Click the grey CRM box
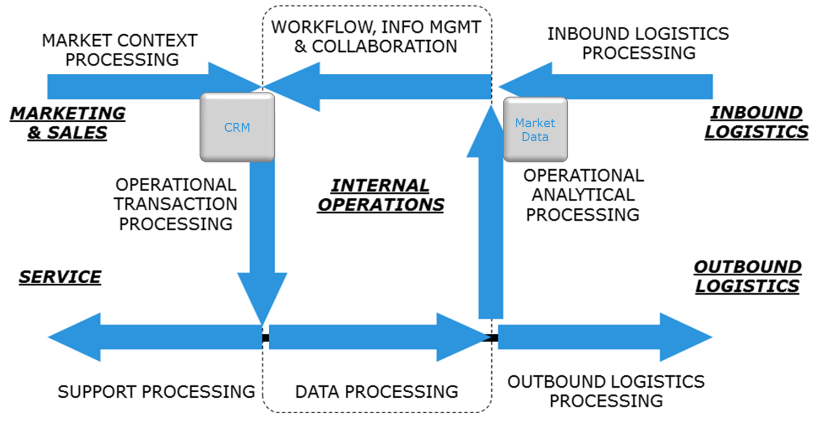pyautogui.click(x=237, y=127)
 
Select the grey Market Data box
pyautogui.click(x=535, y=129)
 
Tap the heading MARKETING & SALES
pyautogui.click(x=68, y=123)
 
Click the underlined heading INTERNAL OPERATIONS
pyautogui.click(x=381, y=195)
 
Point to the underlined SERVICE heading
pyautogui.click(x=60, y=277)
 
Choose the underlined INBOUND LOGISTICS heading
pyautogui.click(x=756, y=122)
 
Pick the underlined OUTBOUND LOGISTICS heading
pyautogui.click(x=747, y=277)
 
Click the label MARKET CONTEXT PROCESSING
pyautogui.click(x=120, y=50)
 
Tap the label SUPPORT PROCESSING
pyautogui.click(x=156, y=392)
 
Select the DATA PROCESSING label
pyautogui.click(x=377, y=392)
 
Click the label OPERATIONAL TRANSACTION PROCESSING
pyautogui.click(x=176, y=204)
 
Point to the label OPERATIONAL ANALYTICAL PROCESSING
pyautogui.click(x=583, y=195)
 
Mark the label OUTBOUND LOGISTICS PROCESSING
pyautogui.click(x=606, y=391)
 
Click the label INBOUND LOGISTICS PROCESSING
pyautogui.click(x=638, y=43)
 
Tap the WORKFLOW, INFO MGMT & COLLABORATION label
pyautogui.click(x=376, y=36)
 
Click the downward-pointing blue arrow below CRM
pyautogui.click(x=262, y=240)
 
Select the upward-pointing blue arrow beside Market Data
pyautogui.click(x=491, y=212)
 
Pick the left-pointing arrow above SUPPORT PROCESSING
pyautogui.click(x=155, y=337)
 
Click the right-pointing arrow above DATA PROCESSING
pyautogui.click(x=378, y=337)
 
